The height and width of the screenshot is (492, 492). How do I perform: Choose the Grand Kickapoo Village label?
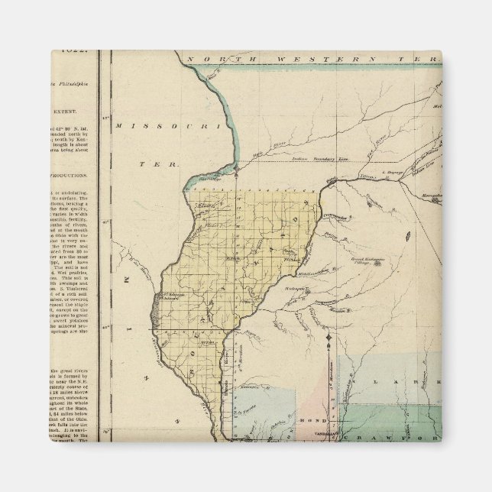pos(366,262)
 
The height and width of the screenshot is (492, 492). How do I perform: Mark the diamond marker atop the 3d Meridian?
pos(329,337)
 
